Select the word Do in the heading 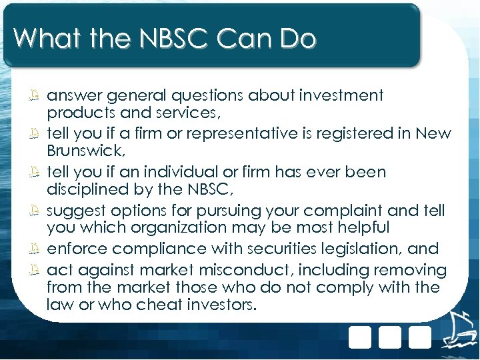point(297,39)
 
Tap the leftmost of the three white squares point(360,337)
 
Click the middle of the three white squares point(391,337)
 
